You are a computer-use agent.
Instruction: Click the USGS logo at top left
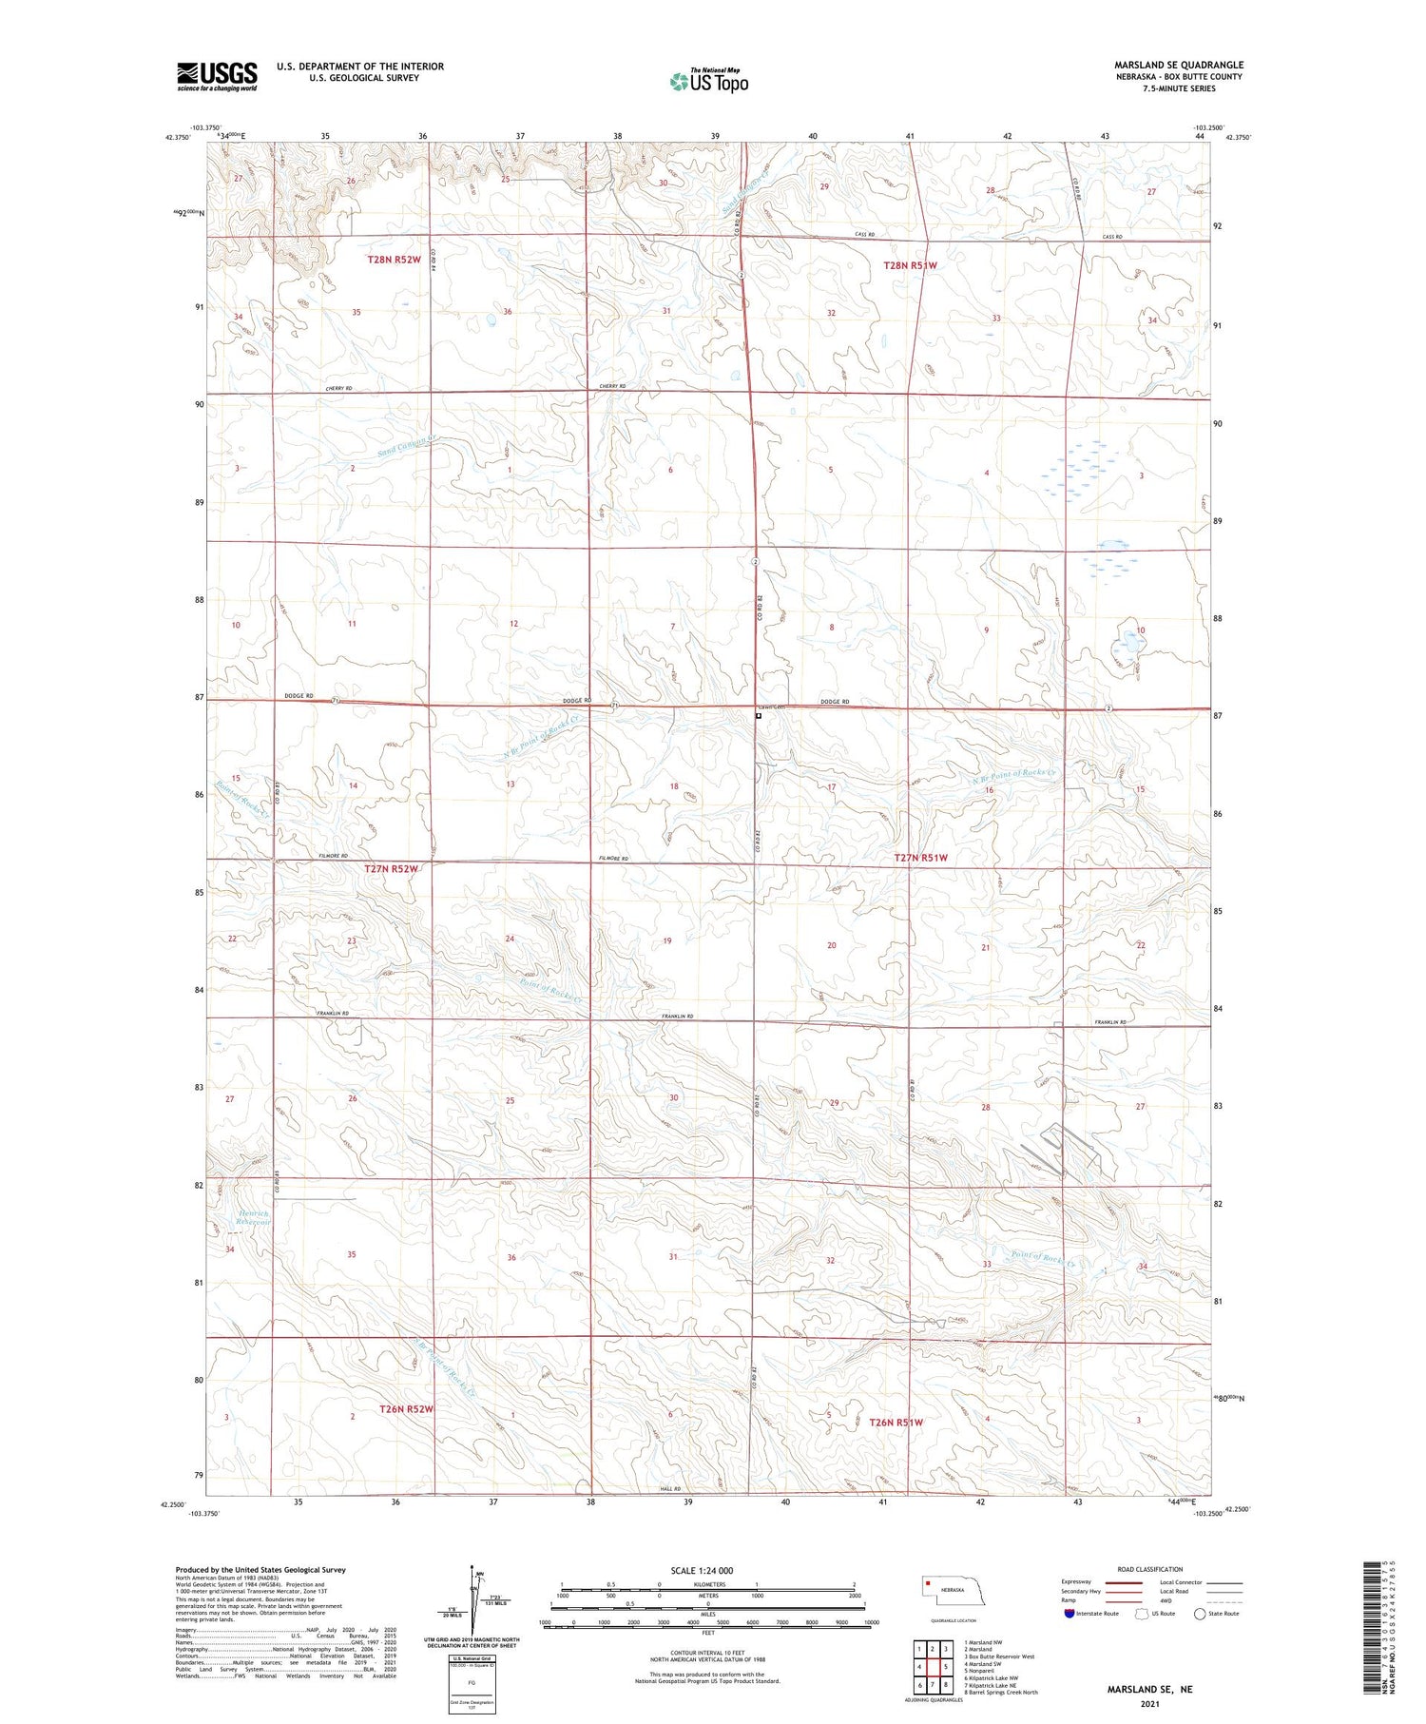tap(217, 75)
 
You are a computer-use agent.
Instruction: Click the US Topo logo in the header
tap(708, 81)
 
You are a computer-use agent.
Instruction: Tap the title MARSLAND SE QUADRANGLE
tap(1178, 65)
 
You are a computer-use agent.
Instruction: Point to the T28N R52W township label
tap(394, 260)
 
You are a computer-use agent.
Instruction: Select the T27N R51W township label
tap(920, 858)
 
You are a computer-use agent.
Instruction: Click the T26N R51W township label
tap(896, 1423)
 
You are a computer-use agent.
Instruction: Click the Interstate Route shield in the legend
tap(1069, 1614)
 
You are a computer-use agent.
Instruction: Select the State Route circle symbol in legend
tap(1200, 1614)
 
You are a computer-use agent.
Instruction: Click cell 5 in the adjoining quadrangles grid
tap(947, 1666)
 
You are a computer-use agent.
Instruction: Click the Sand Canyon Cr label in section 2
tap(407, 445)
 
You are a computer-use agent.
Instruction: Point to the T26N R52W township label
tap(406, 1409)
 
